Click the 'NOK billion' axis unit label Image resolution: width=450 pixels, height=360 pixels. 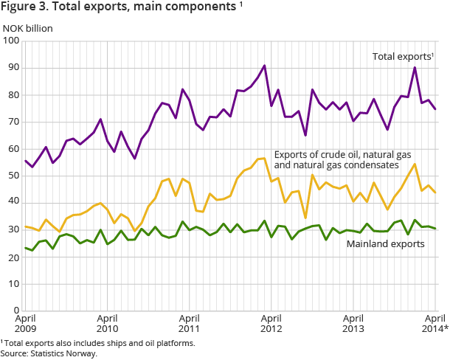(28, 29)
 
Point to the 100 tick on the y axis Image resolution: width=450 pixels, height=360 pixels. (11, 41)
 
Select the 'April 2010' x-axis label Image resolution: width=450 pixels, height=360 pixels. (108, 323)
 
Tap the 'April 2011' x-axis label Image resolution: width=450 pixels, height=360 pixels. (190, 323)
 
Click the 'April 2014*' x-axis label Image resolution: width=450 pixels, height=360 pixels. (433, 323)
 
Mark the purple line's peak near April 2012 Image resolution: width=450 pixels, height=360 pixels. (265, 66)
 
